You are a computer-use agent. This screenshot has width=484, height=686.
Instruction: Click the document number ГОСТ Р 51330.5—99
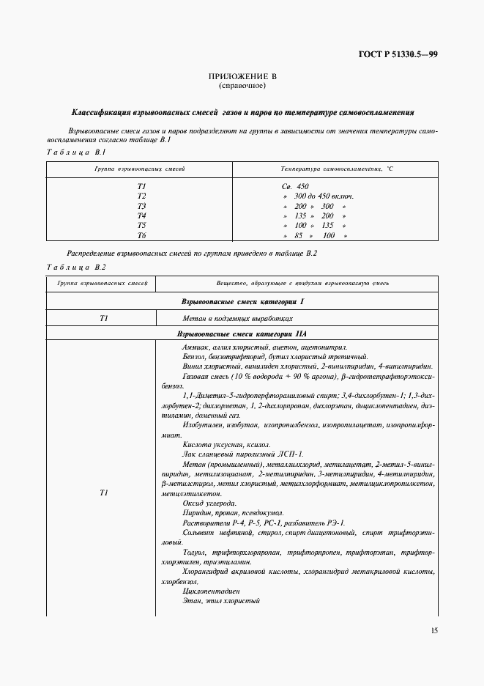point(398,54)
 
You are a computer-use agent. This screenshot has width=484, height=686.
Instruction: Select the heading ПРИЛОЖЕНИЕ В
point(242,77)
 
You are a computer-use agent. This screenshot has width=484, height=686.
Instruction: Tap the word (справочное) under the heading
point(242,86)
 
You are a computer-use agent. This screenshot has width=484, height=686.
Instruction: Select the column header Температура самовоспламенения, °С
point(338,169)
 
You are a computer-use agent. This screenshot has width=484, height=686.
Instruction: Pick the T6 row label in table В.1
point(141,236)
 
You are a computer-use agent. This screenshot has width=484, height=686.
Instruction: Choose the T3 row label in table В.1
point(141,206)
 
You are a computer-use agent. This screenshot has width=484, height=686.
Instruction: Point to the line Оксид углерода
point(209,504)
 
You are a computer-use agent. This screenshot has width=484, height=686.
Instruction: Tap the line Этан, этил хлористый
point(222,600)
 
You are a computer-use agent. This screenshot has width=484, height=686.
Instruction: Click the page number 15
point(434,630)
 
